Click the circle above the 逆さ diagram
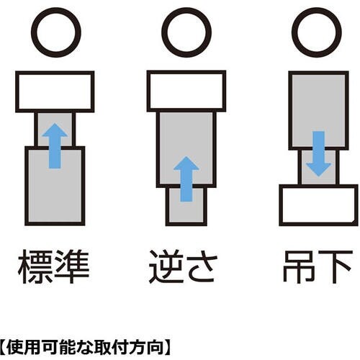tap(185, 32)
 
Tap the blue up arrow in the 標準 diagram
tap(54, 144)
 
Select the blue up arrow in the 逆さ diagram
tap(186, 179)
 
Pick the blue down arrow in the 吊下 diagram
tap(318, 153)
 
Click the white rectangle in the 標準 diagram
tap(55, 90)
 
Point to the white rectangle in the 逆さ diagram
tap(186, 90)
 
